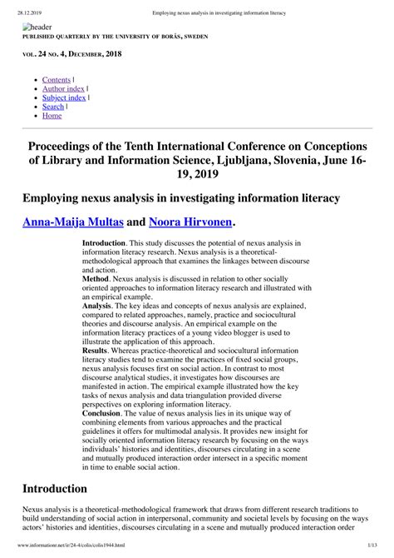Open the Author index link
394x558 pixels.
[63, 87]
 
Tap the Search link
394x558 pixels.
[52, 106]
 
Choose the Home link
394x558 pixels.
[52, 115]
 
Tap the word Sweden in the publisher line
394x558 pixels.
[192, 37]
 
